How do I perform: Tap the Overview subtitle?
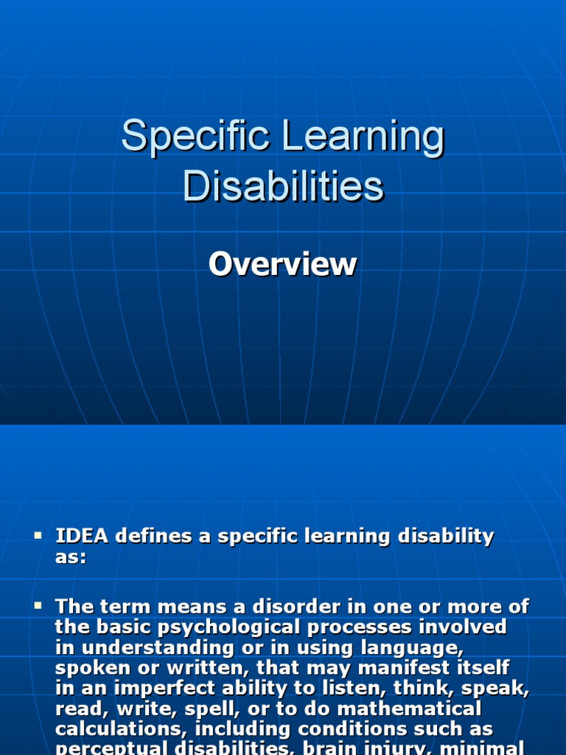[282, 265]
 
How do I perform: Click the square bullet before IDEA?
[38, 534]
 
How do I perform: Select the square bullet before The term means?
[38, 605]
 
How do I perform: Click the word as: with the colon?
[71, 557]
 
